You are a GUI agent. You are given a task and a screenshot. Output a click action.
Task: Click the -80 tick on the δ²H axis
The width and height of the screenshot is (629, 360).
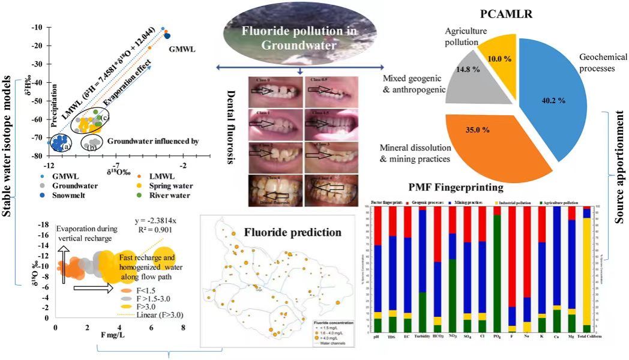point(38,155)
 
